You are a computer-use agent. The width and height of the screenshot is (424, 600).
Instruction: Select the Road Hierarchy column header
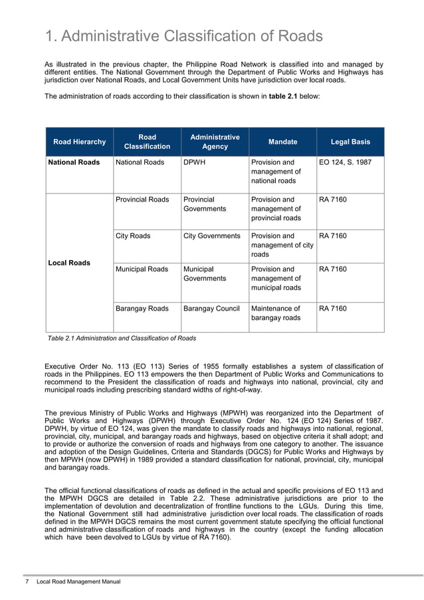(79, 142)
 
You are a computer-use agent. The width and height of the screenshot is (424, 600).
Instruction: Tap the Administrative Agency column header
(215, 142)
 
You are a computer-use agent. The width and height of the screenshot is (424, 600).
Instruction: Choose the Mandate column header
(282, 142)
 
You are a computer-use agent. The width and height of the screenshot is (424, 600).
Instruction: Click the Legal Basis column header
(350, 142)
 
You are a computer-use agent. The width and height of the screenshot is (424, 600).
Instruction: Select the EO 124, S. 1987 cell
(345, 162)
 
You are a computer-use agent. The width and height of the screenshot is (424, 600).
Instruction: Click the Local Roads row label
(69, 263)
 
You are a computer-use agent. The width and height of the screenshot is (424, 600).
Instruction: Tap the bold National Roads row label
(73, 162)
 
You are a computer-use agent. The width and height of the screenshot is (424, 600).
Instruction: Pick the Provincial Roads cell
(142, 200)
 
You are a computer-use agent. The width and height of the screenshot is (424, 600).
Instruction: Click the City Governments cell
(211, 236)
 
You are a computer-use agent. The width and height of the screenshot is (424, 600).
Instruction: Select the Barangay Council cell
(211, 309)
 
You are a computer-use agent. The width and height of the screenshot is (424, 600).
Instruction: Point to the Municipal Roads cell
(142, 269)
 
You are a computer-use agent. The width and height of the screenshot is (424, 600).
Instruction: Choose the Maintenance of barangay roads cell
(276, 313)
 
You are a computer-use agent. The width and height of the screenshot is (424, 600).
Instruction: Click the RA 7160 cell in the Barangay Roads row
(332, 309)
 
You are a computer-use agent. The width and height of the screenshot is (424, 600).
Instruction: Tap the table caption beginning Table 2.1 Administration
(122, 338)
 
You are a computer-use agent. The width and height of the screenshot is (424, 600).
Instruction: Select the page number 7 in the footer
(27, 582)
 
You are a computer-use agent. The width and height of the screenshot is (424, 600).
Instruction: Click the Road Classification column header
(148, 142)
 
